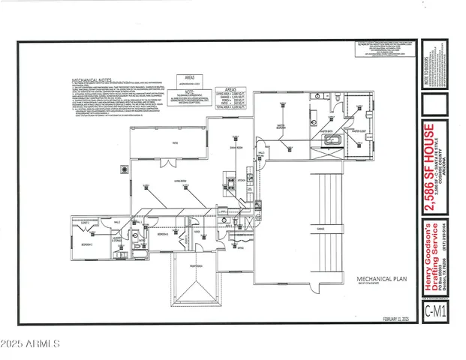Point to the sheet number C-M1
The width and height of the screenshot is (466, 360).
pyautogui.click(x=431, y=309)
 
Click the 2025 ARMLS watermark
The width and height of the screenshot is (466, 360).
pyautogui.click(x=30, y=344)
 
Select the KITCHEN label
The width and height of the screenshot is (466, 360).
pyautogui.click(x=242, y=180)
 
